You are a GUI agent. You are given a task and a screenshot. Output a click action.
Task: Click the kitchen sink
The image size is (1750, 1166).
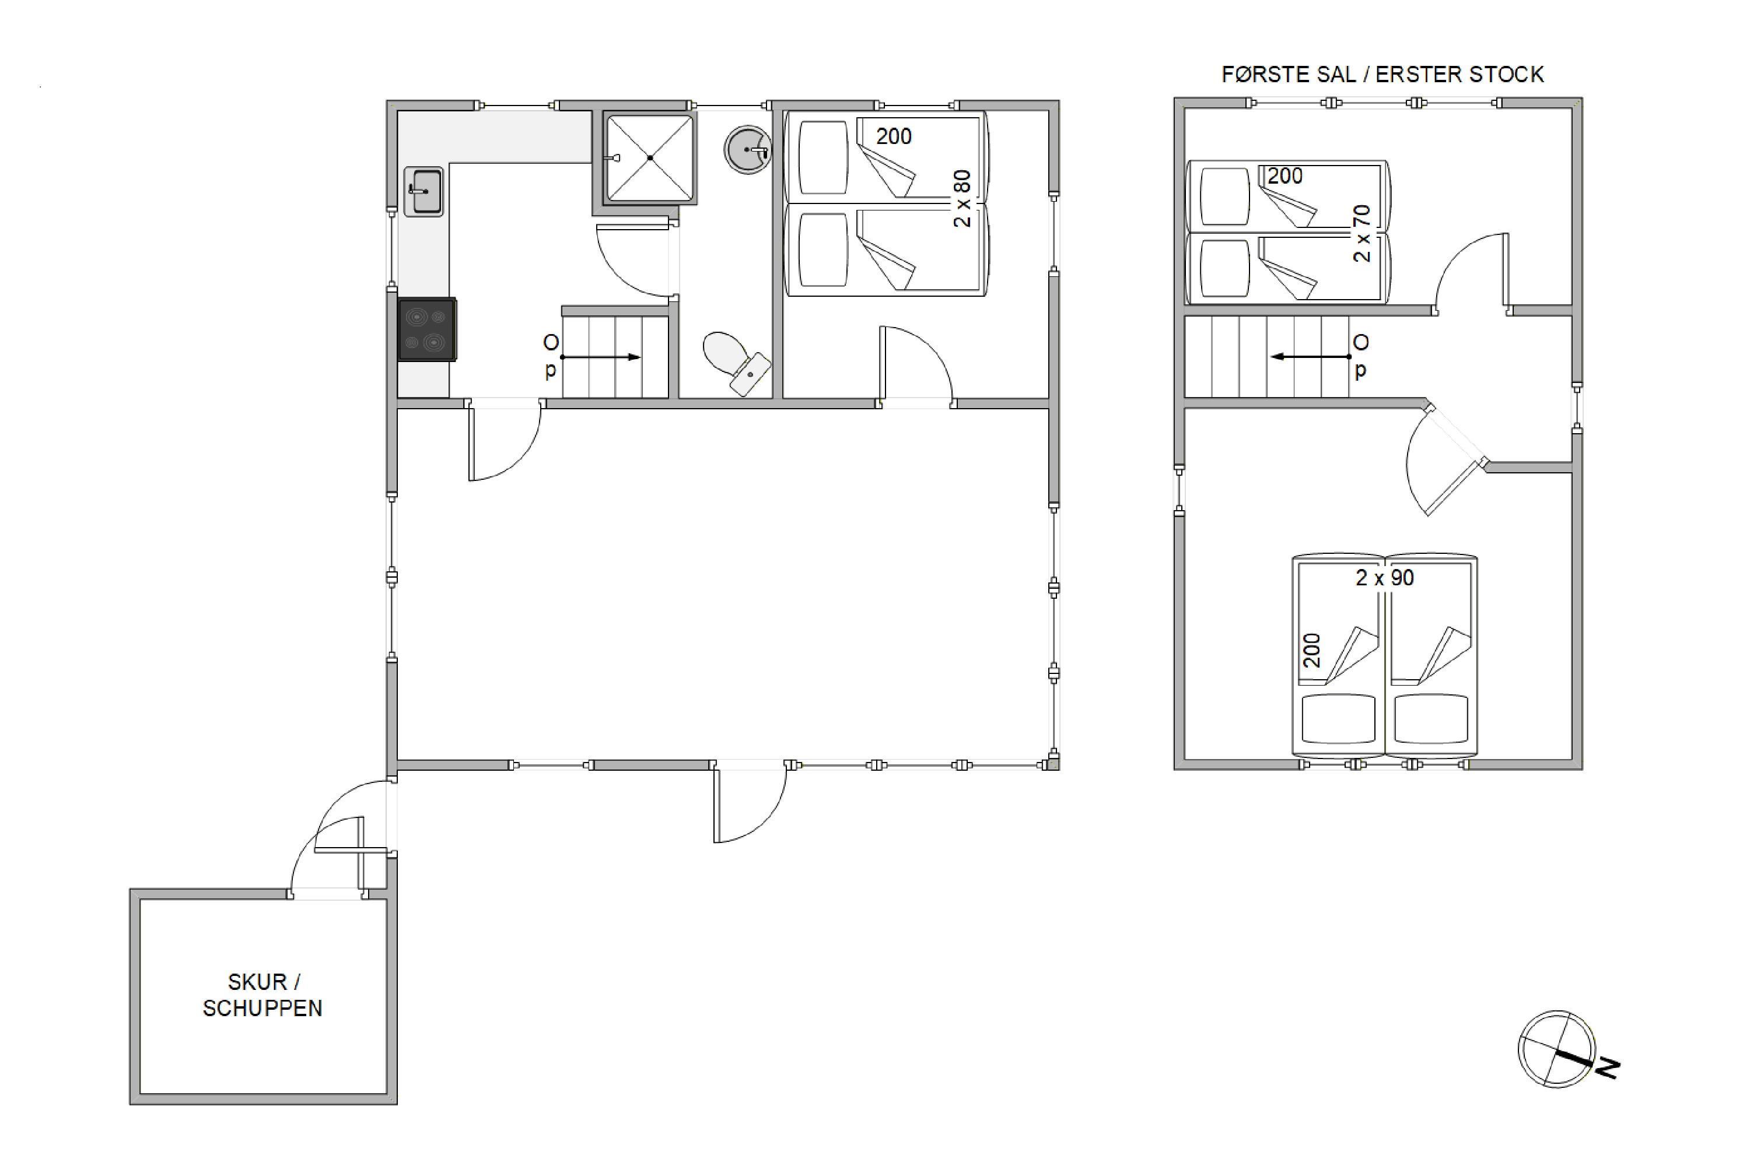423,192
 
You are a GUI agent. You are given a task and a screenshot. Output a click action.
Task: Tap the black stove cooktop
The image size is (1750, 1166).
426,329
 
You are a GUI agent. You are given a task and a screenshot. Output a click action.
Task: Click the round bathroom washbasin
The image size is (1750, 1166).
747,149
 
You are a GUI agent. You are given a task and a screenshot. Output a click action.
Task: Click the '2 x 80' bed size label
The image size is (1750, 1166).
962,199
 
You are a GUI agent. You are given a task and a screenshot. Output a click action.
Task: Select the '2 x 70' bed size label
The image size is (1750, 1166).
1361,234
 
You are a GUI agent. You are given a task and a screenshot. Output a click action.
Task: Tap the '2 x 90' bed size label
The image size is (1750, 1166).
1385,578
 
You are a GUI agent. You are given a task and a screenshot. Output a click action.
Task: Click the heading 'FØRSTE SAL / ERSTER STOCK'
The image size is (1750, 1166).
1382,75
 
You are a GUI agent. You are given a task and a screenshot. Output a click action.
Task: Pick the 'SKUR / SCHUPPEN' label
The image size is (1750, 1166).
262,995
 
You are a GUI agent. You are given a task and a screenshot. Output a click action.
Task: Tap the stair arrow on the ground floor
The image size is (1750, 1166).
600,357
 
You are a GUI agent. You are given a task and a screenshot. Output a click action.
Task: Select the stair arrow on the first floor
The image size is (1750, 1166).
1310,357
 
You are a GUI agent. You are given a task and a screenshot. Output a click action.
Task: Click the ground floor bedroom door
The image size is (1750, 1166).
915,364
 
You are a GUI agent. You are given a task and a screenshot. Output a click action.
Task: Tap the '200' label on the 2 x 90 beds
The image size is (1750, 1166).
1312,650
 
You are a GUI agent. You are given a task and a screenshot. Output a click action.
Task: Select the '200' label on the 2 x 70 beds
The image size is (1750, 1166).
1285,176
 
